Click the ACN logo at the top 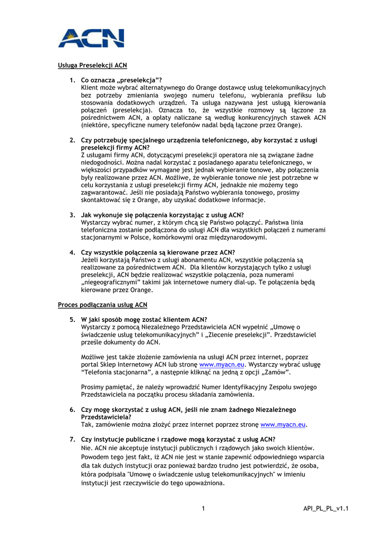pyautogui.click(x=91, y=38)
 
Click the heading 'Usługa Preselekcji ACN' pyautogui.click(x=92, y=66)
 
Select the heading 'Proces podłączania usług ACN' pyautogui.click(x=102, y=305)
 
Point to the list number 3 pyautogui.click(x=72, y=215)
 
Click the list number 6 pyautogui.click(x=72, y=410)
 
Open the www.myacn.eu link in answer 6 pyautogui.click(x=284, y=425)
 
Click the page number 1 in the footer pyautogui.click(x=203, y=509)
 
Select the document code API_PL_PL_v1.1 pyautogui.click(x=326, y=509)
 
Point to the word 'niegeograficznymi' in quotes pyautogui.click(x=111, y=283)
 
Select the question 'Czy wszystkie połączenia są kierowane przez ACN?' pyautogui.click(x=158, y=252)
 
